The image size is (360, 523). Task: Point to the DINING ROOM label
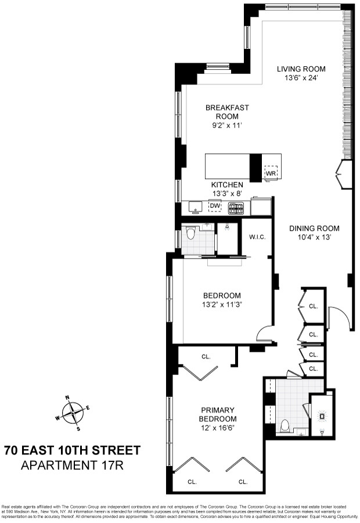click(x=314, y=228)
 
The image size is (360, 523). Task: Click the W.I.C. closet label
click(x=257, y=237)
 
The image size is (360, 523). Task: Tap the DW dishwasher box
click(x=215, y=206)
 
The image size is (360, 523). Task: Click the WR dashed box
click(x=271, y=173)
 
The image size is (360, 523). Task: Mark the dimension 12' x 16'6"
click(x=218, y=428)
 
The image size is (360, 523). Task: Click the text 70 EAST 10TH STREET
click(x=72, y=450)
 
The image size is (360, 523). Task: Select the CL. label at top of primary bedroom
click(x=206, y=356)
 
